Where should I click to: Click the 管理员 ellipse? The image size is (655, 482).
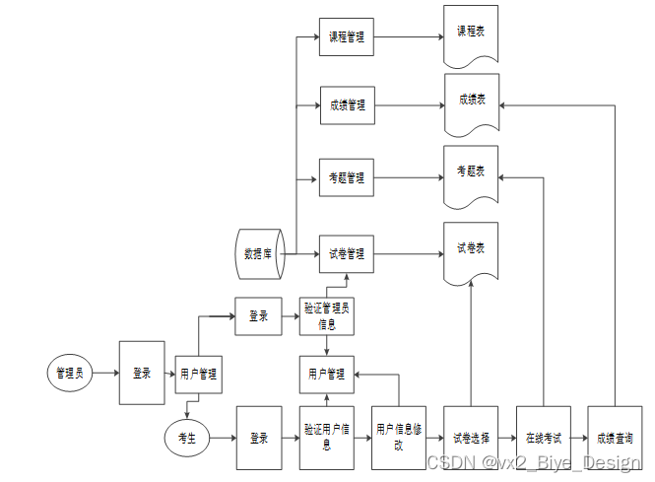70,373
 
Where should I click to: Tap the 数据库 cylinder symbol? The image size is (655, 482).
260,253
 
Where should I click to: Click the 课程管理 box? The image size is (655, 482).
346,37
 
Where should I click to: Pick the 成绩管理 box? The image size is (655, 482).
346,104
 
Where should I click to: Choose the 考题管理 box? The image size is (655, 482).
346,178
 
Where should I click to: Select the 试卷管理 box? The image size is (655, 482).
346,253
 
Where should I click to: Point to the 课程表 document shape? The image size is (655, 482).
471,34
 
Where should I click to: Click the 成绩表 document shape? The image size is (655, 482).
471,102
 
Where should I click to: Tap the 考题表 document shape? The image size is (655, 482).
471,173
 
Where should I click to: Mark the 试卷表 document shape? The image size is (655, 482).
471,249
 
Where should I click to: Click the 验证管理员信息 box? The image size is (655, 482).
326,316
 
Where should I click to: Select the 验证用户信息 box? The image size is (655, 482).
326,437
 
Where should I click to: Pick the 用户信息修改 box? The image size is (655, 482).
398,437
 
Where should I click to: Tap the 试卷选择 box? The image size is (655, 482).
470,437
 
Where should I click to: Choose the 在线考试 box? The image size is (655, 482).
542,437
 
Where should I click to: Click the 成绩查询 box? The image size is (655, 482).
614,437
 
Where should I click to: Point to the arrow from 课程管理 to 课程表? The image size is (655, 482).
408,37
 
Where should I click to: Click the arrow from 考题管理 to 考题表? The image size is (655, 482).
408,178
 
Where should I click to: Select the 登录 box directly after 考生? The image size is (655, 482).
259,437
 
